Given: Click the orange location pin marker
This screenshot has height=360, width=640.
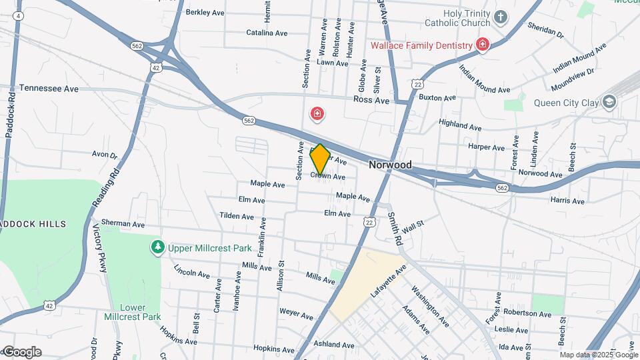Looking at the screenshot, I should click(x=320, y=159).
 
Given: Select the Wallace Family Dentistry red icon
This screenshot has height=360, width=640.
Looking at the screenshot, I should click(x=483, y=45).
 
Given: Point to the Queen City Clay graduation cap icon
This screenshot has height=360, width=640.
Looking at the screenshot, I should click(x=609, y=102).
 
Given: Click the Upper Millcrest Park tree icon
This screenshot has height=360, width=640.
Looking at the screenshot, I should click(x=157, y=248).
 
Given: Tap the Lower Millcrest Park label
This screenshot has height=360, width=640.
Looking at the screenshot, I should click(x=133, y=312).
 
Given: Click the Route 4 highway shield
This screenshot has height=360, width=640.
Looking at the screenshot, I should click(x=18, y=15).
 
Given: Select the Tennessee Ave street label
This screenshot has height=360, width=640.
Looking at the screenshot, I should click(x=49, y=88).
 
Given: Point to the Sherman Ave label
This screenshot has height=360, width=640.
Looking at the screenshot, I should click(x=124, y=224).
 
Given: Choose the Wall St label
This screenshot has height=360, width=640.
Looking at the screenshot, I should click(x=413, y=227).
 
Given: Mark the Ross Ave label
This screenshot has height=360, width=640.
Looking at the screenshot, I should click(x=372, y=100).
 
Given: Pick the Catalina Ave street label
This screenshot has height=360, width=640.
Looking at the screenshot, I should click(x=267, y=32).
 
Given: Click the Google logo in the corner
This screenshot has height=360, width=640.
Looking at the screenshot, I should click(x=22, y=352).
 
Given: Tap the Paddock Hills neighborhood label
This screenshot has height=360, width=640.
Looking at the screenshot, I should click(x=33, y=224).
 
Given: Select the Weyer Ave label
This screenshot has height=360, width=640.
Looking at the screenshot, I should click(x=296, y=313).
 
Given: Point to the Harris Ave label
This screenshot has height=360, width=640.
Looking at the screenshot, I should click(x=567, y=200).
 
